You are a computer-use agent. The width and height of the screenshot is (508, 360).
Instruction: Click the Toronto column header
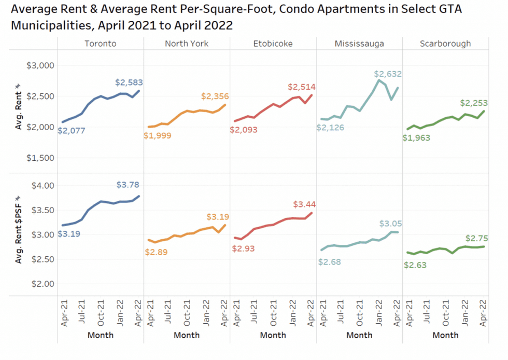[x=101, y=44]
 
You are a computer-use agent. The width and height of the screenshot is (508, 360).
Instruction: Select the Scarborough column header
[x=445, y=44]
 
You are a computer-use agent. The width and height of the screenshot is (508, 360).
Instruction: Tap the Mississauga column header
[x=359, y=44]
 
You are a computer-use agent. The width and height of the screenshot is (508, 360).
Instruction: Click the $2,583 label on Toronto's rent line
[x=129, y=82]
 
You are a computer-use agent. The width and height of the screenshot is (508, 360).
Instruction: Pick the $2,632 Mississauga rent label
[x=388, y=74]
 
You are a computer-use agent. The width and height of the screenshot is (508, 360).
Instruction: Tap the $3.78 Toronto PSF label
[x=128, y=185]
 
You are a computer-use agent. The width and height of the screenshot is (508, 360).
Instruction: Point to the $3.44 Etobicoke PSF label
[x=304, y=204]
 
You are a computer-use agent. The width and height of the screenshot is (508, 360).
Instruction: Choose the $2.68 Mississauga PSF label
[x=330, y=262]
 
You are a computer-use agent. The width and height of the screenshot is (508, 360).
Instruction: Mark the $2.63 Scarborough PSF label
[x=416, y=265]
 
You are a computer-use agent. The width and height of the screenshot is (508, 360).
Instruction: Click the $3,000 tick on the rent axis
[x=40, y=65]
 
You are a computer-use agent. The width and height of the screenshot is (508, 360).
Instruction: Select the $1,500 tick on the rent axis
[x=40, y=158]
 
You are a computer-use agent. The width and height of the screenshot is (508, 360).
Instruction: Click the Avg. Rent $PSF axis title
[x=20, y=229]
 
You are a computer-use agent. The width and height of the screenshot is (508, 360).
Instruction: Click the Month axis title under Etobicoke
[x=273, y=335]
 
